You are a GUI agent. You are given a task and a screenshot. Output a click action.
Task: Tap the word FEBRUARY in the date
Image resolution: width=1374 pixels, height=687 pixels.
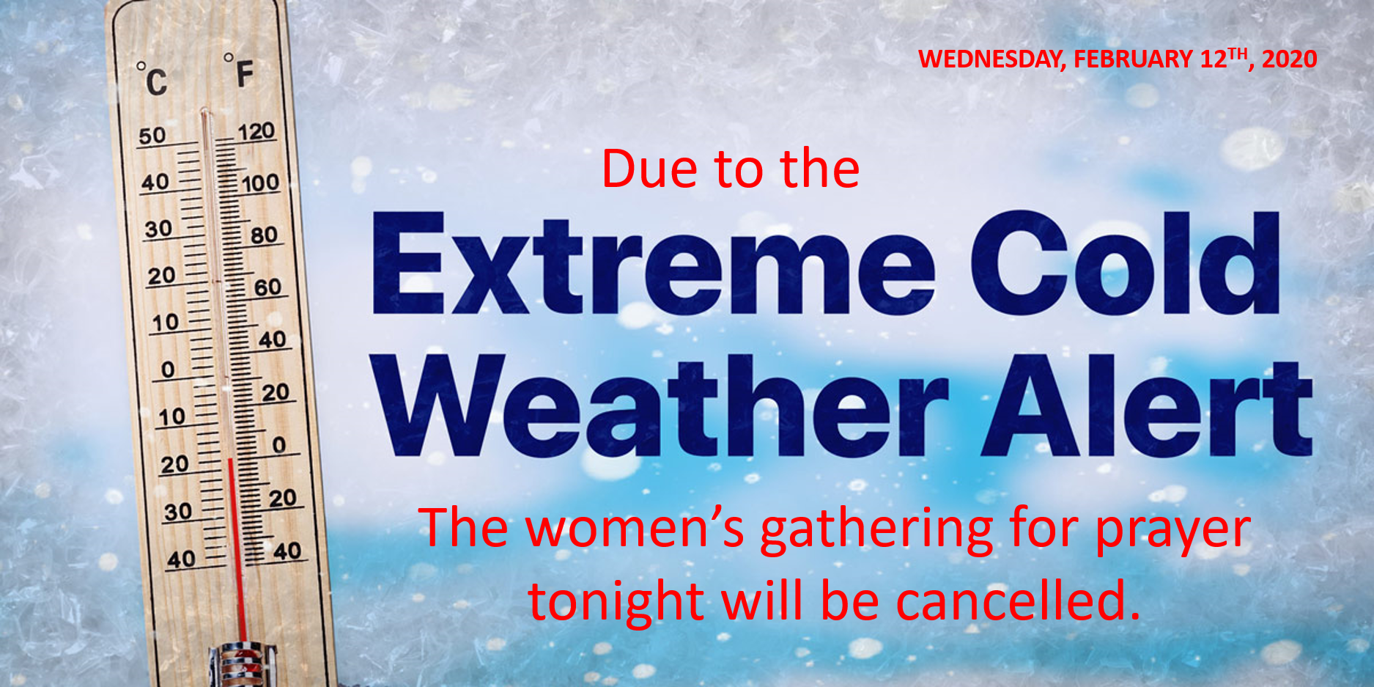coord(1134,59)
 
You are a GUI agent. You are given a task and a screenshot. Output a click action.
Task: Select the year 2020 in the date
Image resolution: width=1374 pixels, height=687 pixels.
coord(1290,59)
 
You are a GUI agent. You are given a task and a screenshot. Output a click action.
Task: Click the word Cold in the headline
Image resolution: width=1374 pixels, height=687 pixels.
coord(1126,262)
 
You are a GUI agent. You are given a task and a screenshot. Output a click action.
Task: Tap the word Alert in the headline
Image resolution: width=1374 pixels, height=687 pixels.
coord(1147,405)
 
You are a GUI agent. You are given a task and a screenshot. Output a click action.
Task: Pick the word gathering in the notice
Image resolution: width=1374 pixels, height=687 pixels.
coord(876,531)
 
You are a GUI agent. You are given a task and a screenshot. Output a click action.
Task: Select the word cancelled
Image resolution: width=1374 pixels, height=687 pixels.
coord(1019,600)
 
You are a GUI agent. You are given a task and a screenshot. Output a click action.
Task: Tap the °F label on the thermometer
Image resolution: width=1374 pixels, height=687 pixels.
coord(239,71)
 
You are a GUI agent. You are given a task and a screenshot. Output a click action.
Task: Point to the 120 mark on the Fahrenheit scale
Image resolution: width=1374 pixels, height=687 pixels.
coord(256,132)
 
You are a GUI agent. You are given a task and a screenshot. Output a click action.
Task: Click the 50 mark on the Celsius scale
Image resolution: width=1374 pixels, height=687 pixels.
coord(152,136)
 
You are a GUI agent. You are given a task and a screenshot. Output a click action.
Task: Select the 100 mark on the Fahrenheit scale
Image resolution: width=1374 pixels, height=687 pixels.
coord(260,183)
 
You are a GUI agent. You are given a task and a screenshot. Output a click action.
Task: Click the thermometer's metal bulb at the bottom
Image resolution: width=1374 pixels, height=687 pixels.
coord(243,663)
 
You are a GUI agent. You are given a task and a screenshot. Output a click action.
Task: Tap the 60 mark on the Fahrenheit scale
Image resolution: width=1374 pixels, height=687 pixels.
coord(267,287)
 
